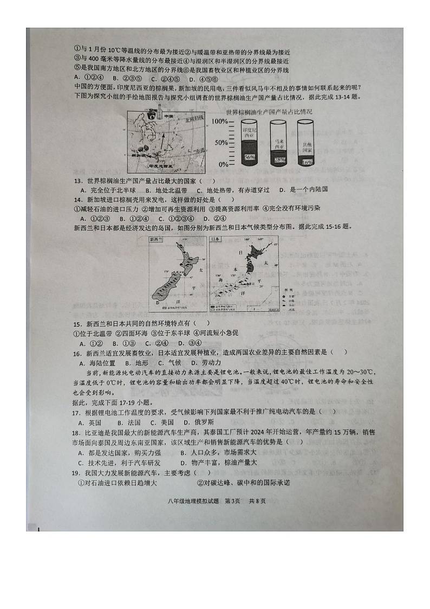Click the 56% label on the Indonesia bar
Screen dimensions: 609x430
249,157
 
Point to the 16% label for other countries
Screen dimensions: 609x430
306,162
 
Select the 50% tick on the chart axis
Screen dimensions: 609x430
221,143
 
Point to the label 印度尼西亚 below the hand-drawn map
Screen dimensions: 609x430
159,167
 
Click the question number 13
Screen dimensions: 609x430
77,181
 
